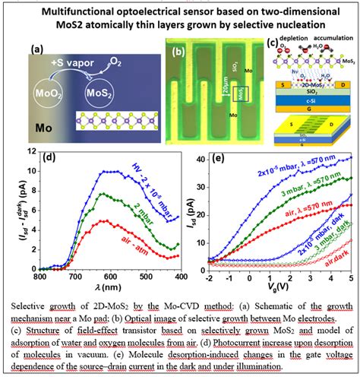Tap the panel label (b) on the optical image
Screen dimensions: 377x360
pyautogui.click(x=179, y=52)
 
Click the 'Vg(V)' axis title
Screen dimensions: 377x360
pyautogui.click(x=283, y=290)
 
